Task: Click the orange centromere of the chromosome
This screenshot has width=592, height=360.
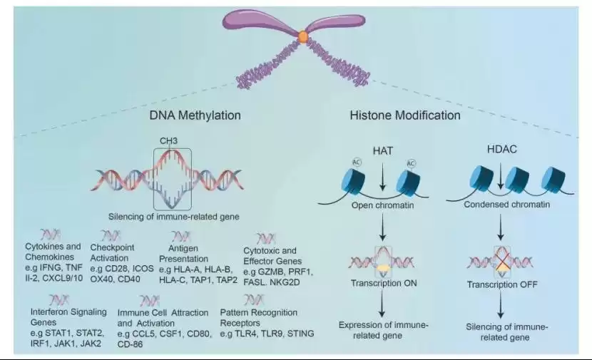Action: click(x=304, y=36)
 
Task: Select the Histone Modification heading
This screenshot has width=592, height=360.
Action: click(x=405, y=115)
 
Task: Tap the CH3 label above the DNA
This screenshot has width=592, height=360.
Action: click(x=170, y=142)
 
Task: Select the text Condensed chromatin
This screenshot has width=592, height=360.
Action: click(x=506, y=205)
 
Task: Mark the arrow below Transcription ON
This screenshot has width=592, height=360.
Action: click(x=384, y=302)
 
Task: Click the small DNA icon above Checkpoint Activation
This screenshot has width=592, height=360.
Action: click(x=111, y=236)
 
